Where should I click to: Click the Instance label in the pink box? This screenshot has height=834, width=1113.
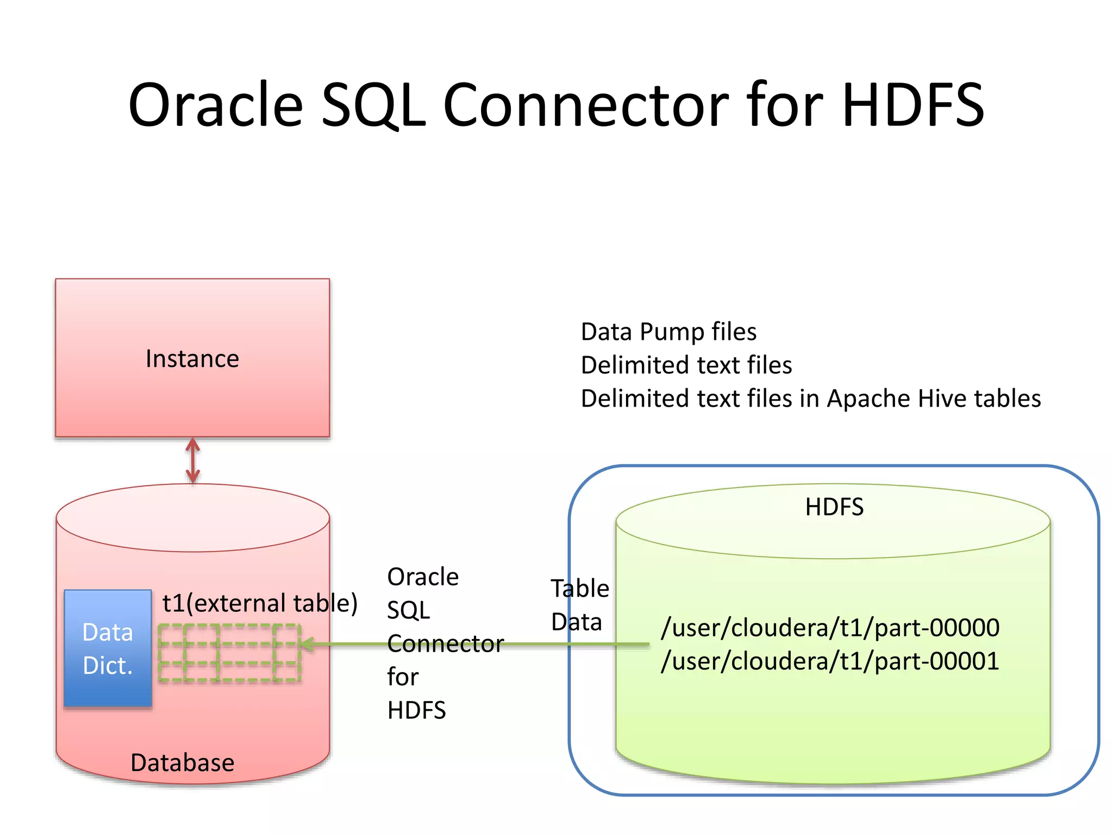click(192, 359)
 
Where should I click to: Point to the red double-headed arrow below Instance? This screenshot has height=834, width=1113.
click(193, 461)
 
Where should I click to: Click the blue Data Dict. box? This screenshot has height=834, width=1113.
click(108, 648)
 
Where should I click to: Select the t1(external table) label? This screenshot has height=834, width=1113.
click(260, 603)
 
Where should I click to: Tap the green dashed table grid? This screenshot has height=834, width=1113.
click(229, 653)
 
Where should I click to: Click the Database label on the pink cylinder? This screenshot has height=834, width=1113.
click(183, 763)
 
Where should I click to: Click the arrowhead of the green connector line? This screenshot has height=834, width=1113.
click(306, 645)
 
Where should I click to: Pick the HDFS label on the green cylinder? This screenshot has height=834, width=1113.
click(834, 507)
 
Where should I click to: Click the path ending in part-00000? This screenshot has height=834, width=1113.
click(830, 628)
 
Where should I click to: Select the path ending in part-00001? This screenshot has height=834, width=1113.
click(830, 661)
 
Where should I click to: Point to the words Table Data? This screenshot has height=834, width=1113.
click(579, 605)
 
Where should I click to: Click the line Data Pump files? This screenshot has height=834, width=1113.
click(668, 332)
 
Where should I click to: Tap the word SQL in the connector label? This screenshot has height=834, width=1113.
click(408, 610)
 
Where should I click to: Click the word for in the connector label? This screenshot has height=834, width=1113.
click(403, 677)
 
